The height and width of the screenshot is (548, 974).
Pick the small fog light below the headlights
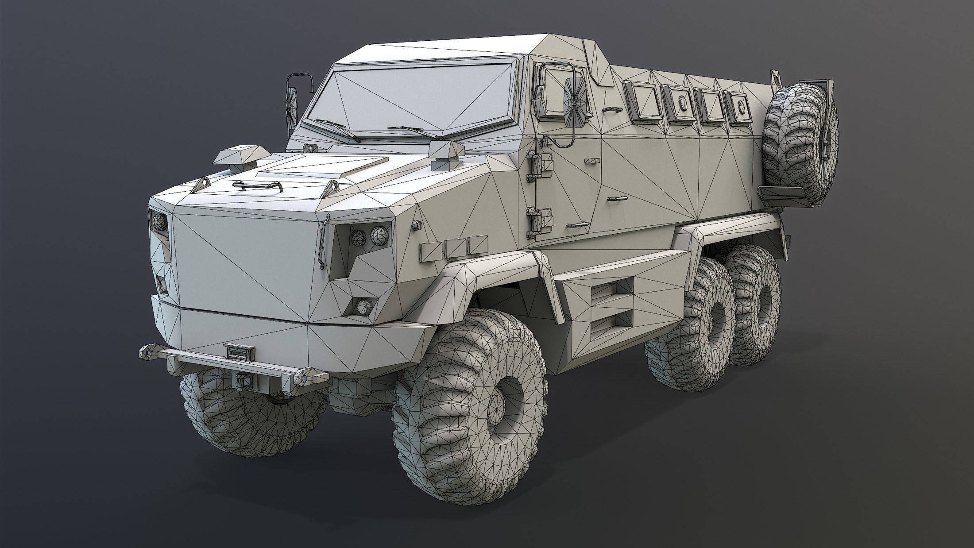362,305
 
